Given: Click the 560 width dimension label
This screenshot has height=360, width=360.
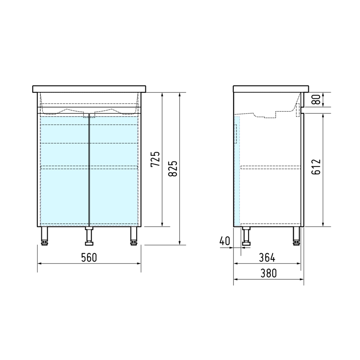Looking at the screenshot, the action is (x=89, y=257).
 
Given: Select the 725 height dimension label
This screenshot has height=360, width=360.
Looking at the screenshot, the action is (x=155, y=159).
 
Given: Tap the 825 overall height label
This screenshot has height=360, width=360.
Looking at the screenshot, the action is (x=173, y=168).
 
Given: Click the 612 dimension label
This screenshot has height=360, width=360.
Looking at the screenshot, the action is (x=316, y=167).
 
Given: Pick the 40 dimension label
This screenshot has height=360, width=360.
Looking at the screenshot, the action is (x=225, y=241).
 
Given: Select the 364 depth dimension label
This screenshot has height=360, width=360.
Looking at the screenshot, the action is (x=267, y=258).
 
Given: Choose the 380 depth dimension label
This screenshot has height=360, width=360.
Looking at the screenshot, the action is (x=269, y=273).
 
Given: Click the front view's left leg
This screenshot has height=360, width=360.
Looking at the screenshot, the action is (x=45, y=236).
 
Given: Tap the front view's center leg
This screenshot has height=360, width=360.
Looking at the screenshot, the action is (x=89, y=236).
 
